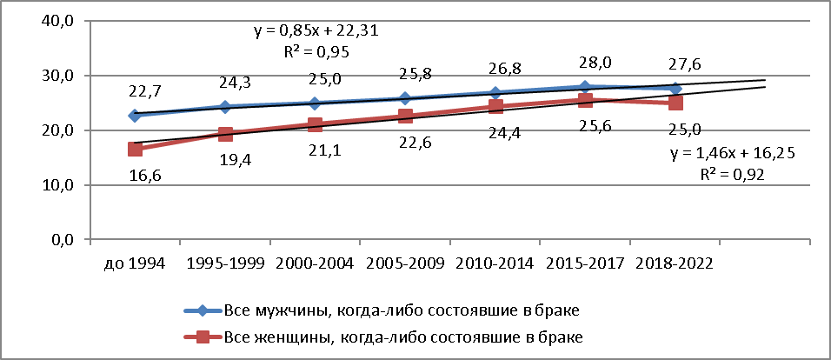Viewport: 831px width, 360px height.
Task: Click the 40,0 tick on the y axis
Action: [58, 21]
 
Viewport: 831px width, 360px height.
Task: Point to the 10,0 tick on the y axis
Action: [58, 185]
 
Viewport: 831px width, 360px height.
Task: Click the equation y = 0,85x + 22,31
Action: [316, 31]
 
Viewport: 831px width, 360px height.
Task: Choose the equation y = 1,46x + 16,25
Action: [733, 154]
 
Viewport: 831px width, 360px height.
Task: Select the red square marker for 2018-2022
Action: [675, 103]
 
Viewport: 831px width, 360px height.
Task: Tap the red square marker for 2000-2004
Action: [316, 124]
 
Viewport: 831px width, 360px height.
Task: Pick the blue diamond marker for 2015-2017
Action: [585, 87]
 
